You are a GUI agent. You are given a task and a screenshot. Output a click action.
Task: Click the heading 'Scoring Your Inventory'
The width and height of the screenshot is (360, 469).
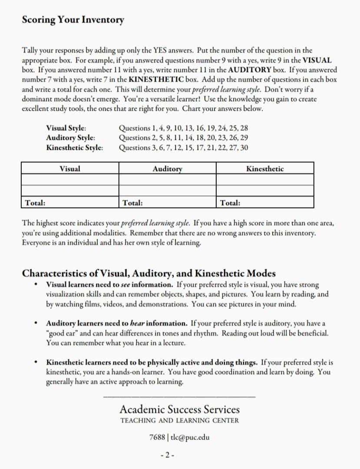click(73, 20)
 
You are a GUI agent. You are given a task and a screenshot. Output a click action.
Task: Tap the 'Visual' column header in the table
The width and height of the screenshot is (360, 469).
click(70, 168)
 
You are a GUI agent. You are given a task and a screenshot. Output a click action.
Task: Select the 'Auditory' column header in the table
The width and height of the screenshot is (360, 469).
click(167, 168)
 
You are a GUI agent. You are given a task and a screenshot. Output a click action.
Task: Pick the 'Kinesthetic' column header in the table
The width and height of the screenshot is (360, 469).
click(265, 168)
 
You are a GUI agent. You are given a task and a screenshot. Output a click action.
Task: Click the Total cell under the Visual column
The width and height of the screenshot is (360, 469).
click(70, 202)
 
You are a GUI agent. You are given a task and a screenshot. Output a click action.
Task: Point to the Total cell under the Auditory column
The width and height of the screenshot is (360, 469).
click(167, 202)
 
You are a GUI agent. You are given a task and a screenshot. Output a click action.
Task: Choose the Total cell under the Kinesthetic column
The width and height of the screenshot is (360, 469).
click(265, 202)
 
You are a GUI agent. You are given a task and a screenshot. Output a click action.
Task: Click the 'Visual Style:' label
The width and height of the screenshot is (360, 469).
click(66, 128)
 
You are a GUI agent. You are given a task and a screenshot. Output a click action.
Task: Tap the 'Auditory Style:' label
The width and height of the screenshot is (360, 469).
click(70, 138)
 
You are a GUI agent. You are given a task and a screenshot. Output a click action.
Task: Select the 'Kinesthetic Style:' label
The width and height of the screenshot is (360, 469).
click(75, 148)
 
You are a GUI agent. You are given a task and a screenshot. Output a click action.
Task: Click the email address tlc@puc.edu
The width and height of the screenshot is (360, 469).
click(190, 437)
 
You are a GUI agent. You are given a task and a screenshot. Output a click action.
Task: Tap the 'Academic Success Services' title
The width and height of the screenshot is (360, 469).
click(179, 410)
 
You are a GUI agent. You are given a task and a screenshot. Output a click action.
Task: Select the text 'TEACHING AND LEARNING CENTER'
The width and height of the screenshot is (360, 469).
click(179, 420)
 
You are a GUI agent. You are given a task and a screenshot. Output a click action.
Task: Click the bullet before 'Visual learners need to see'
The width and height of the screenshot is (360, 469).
click(36, 285)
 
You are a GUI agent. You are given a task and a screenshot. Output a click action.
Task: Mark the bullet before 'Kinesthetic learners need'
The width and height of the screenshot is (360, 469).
click(36, 362)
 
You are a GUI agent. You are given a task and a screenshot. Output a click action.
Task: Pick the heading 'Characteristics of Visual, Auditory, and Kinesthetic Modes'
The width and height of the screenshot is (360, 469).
click(149, 274)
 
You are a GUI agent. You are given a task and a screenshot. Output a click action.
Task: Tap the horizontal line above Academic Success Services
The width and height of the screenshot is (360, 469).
click(179, 396)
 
